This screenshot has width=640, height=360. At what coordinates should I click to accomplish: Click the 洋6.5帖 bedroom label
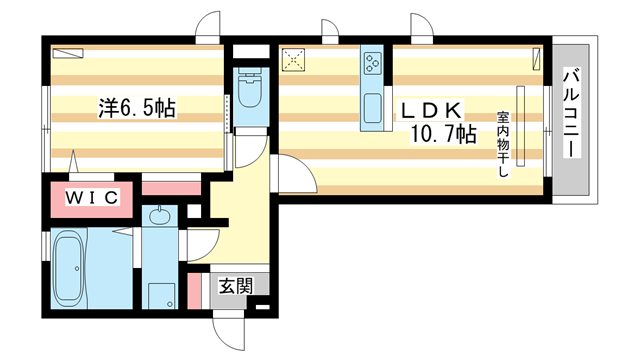point(136,107)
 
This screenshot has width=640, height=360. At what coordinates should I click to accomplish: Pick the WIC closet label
point(92,198)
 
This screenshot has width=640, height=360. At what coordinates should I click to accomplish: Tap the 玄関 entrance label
point(235,285)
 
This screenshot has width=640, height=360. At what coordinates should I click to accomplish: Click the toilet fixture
point(250,94)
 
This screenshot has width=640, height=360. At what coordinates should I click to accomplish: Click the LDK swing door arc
point(293,175)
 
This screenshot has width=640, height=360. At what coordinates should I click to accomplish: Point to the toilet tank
point(250,72)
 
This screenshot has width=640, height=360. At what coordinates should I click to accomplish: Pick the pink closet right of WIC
point(172,186)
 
